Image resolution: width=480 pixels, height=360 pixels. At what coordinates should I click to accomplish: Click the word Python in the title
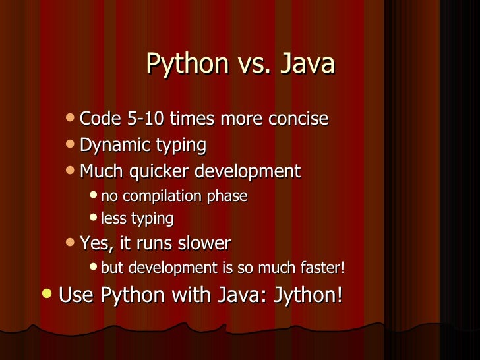[186, 65]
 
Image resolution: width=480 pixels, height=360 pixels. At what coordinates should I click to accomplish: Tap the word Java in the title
[307, 64]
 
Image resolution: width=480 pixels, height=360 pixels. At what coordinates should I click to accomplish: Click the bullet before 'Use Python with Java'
[45, 293]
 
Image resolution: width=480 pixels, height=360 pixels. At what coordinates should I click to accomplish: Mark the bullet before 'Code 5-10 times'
[71, 119]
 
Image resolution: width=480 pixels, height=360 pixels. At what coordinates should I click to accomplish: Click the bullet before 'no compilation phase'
[93, 196]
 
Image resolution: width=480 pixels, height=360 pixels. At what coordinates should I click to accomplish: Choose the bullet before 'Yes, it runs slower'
[71, 243]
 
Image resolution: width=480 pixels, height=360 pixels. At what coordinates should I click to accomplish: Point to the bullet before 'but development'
[93, 268]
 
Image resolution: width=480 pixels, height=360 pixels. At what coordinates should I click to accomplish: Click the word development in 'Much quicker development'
[247, 172]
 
